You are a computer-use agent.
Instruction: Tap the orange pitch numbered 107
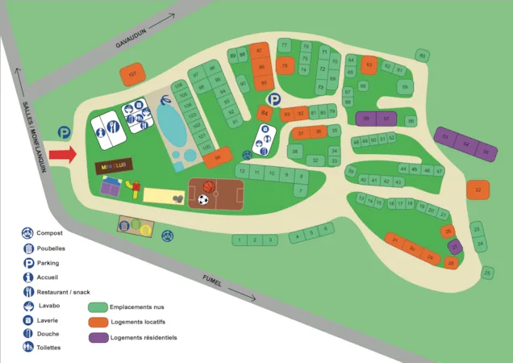[x=132, y=75]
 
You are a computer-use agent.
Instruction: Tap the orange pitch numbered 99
[x=217, y=160]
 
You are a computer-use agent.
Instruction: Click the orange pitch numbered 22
[x=478, y=190]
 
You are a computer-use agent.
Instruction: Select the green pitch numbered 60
[x=421, y=56]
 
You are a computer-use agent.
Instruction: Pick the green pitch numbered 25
[x=487, y=273]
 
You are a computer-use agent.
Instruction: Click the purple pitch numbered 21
[x=455, y=247]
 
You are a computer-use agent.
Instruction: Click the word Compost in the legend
[x=50, y=233]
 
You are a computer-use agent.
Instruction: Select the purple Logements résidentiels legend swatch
[x=98, y=338]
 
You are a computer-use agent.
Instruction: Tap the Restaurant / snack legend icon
[x=28, y=291]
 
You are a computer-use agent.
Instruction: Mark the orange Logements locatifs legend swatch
[x=98, y=322]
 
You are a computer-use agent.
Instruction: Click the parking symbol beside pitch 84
[x=274, y=99]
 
